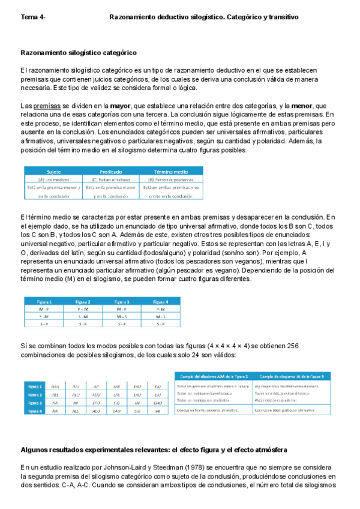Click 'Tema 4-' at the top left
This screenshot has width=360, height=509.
click(34, 17)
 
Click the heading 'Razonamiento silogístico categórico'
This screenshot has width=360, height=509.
click(79, 53)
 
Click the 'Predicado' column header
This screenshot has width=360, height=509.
click(112, 171)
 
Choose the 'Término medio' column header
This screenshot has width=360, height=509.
click(173, 171)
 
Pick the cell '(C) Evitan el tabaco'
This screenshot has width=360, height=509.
click(112, 179)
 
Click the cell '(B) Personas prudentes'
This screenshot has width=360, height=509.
click(173, 179)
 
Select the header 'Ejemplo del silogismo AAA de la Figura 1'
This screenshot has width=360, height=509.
click(214, 376)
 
